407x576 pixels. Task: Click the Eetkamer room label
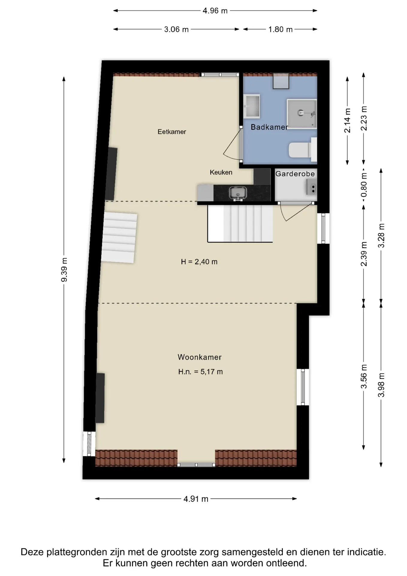pyautogui.click(x=172, y=132)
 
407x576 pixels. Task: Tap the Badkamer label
pyautogui.click(x=269, y=127)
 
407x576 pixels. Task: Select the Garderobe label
pyautogui.click(x=295, y=174)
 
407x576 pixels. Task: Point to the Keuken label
pyautogui.click(x=221, y=172)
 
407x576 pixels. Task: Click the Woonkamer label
pyautogui.click(x=200, y=357)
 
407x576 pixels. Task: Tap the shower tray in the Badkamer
pyautogui.click(x=302, y=114)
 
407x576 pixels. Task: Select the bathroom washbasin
pyautogui.click(x=251, y=106)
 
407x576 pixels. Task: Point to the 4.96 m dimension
pyautogui.click(x=215, y=11)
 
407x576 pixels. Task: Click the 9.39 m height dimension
pyautogui.click(x=64, y=270)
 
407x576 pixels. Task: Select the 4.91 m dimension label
pyautogui.click(x=196, y=499)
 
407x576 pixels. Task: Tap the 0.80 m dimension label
pyautogui.click(x=364, y=185)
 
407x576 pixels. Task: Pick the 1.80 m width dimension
pyautogui.click(x=280, y=29)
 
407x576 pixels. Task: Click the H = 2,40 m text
pyautogui.click(x=199, y=262)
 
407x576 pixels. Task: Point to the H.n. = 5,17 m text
pyautogui.click(x=201, y=372)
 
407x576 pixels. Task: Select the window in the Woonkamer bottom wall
pyautogui.click(x=196, y=465)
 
